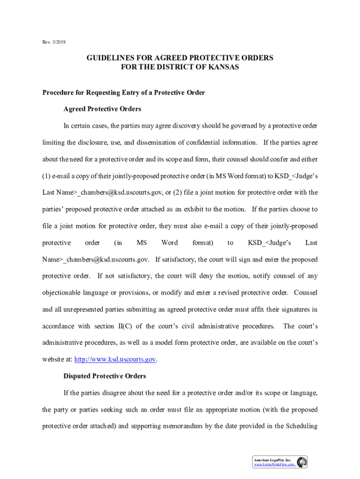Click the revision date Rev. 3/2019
54,43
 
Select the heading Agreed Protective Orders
102,109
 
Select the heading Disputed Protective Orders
105,376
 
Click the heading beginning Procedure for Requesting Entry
124,93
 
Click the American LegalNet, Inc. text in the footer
273,460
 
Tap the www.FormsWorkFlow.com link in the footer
274,465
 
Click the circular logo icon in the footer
302,462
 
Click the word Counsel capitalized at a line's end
306,293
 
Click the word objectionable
63,293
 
